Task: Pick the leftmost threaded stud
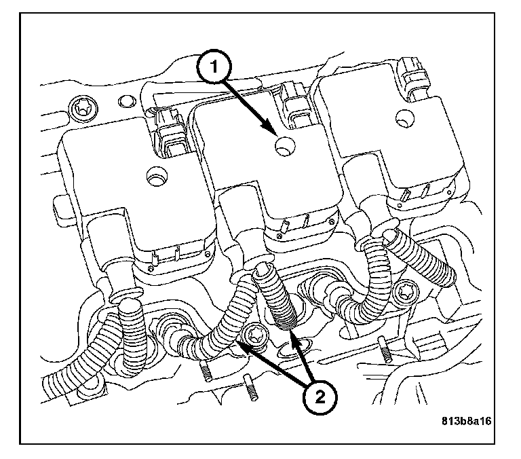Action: (x=204, y=370)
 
